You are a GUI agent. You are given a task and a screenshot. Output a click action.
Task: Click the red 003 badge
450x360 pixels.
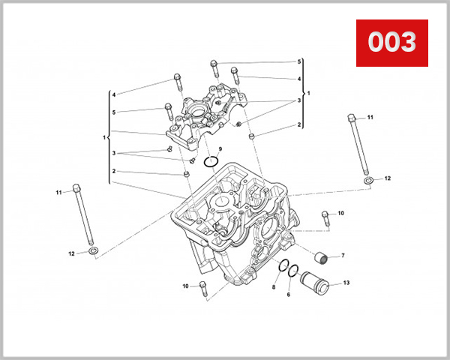coord(391,43)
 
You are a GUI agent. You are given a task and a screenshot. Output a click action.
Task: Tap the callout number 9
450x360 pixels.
coord(220,149)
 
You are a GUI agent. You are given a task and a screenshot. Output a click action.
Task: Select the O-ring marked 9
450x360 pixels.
coord(211,162)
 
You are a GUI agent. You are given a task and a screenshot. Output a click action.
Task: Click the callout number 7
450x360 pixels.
coord(343,256)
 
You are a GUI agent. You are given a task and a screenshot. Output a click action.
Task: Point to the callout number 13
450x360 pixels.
coord(346,283)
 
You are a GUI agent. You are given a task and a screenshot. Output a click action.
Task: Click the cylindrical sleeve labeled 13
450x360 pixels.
coord(314,284)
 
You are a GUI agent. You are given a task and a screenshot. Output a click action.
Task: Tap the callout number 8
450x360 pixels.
coord(273,287)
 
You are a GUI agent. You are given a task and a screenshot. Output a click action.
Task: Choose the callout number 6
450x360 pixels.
coord(288,295)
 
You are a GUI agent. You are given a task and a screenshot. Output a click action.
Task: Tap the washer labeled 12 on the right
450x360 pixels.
coord(368,181)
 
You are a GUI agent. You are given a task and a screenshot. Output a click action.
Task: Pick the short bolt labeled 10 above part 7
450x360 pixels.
coord(325,217)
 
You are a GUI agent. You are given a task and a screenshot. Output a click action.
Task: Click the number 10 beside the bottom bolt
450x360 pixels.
coord(185,286)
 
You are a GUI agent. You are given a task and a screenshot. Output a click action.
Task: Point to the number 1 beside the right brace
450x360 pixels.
coord(308,92)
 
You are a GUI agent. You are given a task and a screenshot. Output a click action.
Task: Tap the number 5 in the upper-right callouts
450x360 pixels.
coord(298,61)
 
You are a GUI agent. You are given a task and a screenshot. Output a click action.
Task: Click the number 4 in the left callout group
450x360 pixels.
coord(114,95)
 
